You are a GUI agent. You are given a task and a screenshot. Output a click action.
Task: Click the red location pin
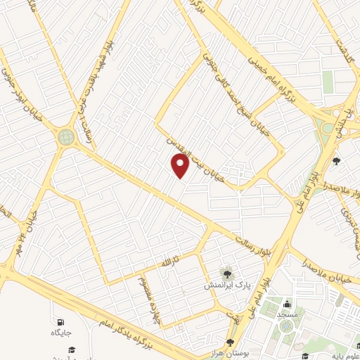point(181,166)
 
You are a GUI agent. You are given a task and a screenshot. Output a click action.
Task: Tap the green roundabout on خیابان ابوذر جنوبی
point(67,136)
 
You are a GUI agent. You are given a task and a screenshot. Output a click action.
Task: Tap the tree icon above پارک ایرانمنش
point(227,273)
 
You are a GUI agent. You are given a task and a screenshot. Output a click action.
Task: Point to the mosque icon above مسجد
point(286,304)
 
